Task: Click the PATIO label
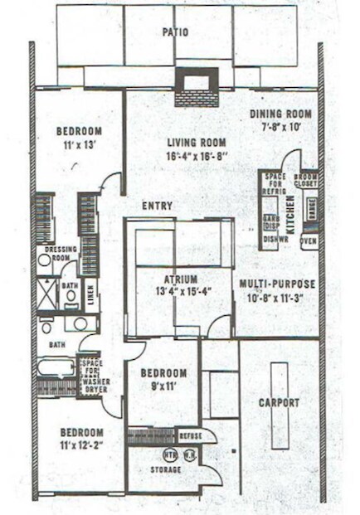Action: (175, 32)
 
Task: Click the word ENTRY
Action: (157, 206)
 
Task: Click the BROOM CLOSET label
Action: (306, 180)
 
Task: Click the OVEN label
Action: (308, 242)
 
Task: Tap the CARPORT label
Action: (278, 403)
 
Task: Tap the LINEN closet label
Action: (90, 289)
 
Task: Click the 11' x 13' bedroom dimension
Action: (79, 144)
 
